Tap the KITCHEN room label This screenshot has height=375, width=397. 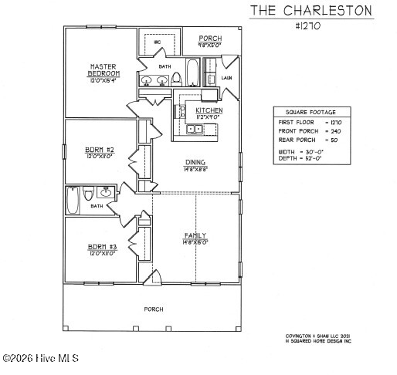209,111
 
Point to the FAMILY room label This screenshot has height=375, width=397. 195,235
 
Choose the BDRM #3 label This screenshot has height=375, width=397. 102,247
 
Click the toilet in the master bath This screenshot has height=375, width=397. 176,78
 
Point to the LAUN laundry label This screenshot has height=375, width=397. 226,78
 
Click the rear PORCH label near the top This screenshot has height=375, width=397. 210,39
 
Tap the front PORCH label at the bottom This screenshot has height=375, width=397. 153,309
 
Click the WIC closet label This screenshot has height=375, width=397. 157,41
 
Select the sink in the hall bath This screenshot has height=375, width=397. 106,193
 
